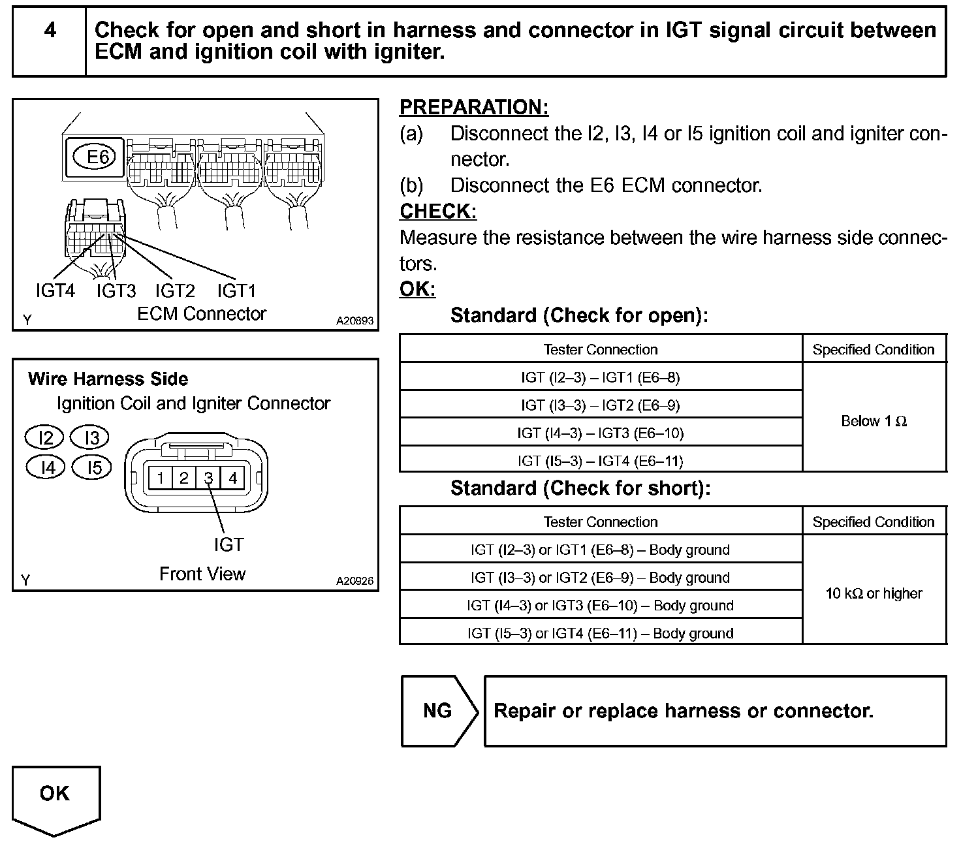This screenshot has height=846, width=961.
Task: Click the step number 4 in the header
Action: coord(50,31)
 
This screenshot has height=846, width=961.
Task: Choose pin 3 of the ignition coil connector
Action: coord(208,478)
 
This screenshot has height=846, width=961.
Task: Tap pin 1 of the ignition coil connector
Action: coord(160,478)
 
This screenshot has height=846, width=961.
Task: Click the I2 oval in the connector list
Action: coord(44,437)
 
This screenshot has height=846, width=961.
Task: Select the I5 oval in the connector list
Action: coord(92,467)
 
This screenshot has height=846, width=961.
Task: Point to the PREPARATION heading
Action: coord(474,107)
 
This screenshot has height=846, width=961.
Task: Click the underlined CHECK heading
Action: coord(438,211)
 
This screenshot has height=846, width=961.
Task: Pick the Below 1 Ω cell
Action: coord(874,421)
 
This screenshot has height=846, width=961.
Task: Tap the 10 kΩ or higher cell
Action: coord(874,593)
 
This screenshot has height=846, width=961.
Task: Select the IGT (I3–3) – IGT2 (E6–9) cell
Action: coord(600,405)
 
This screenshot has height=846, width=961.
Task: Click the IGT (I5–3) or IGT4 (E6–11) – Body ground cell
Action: coord(600,633)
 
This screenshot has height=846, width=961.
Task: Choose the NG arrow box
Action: coord(438,711)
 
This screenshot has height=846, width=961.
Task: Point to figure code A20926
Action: coord(355,580)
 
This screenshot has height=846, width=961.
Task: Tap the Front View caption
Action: coord(202,574)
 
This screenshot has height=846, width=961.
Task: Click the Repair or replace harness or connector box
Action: coord(715,711)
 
